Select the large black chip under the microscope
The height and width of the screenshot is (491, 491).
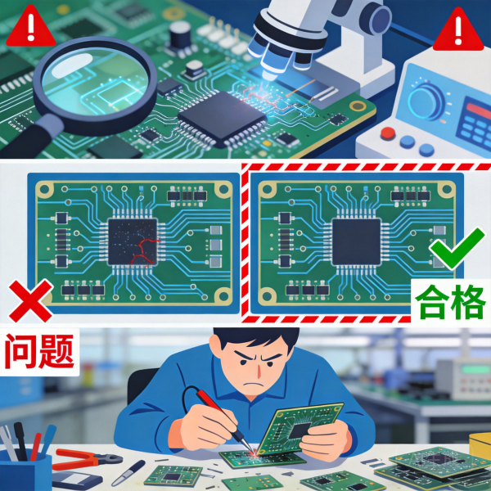coord(222,118)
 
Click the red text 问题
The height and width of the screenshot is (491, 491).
coord(40,349)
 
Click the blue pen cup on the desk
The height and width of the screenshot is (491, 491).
coord(25,470)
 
